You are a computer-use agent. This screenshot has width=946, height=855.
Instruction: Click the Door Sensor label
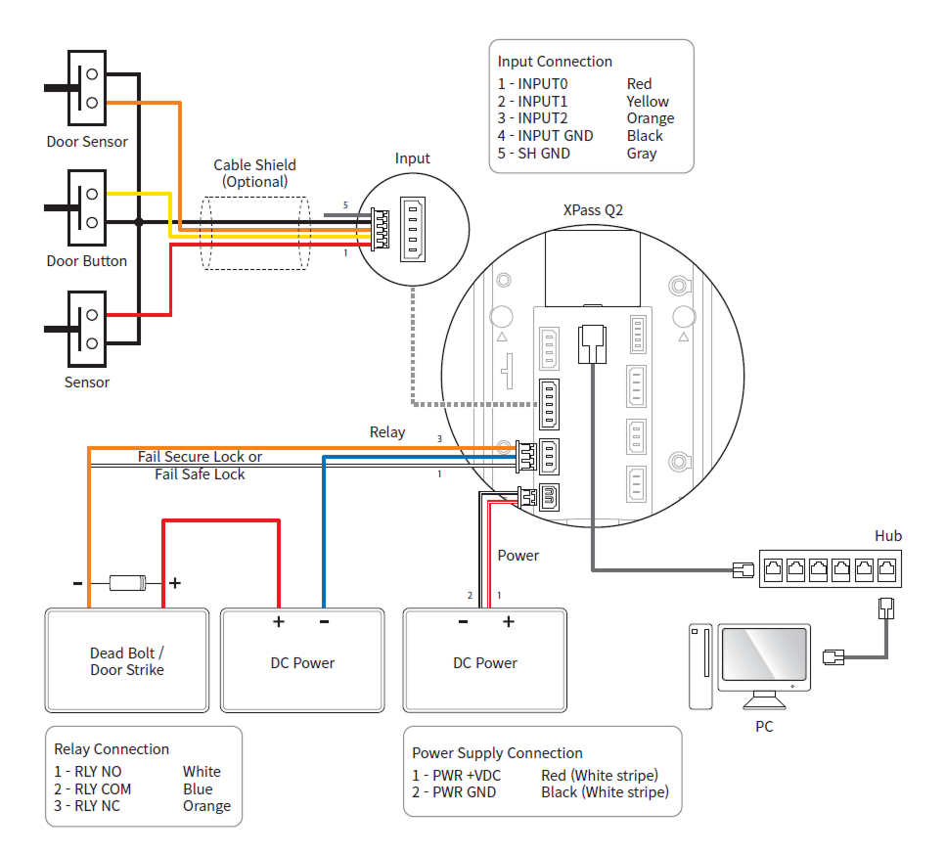[x=87, y=142]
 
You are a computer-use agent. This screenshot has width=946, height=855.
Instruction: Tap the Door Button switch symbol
[x=86, y=207]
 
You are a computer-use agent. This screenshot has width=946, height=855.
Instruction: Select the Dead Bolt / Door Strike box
[x=127, y=661]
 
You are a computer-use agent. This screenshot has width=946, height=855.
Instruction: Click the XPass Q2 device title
[x=593, y=209]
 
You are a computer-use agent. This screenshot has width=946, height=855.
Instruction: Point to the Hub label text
[x=888, y=536]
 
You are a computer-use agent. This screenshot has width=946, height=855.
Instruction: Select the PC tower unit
[x=699, y=666]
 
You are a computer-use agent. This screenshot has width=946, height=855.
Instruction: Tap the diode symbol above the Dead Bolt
[x=126, y=583]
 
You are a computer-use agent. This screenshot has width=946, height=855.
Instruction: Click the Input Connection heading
[x=555, y=62]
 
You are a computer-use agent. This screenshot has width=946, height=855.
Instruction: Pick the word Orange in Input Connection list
[x=651, y=118]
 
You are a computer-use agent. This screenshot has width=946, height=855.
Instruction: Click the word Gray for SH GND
[x=642, y=154]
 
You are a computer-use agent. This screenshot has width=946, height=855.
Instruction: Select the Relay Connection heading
[x=112, y=749]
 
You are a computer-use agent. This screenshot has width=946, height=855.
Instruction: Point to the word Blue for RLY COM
[x=198, y=789]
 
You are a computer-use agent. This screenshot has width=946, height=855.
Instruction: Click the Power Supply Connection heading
[x=497, y=753]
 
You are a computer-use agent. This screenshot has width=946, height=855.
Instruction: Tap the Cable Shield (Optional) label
[x=254, y=173]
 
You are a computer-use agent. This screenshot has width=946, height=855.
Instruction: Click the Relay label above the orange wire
[x=387, y=432]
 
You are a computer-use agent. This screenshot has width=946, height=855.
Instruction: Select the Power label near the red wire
[x=518, y=556]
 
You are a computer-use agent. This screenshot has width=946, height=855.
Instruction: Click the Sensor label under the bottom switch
[x=87, y=382]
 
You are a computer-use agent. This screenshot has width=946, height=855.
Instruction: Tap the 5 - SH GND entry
[x=534, y=154]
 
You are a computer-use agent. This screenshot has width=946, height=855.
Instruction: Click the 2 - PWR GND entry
[x=454, y=792]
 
